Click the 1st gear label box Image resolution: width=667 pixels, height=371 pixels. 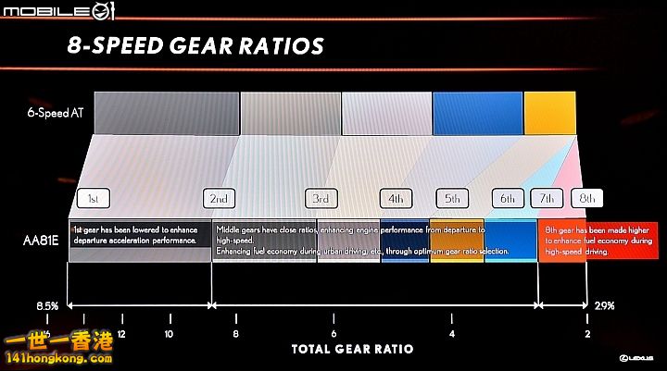[94, 199]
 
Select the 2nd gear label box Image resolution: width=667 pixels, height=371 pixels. [219, 199]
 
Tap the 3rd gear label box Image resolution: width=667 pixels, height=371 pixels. [321, 199]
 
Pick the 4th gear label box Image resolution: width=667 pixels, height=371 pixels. [396, 199]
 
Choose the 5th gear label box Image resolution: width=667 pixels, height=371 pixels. [453, 199]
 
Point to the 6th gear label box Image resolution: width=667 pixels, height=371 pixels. [509, 199]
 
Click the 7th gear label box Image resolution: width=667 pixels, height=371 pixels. [547, 199]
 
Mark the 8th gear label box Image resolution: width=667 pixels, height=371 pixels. [587, 199]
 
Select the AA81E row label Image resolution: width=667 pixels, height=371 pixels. [41, 241]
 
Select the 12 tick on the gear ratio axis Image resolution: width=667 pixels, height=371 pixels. [121, 333]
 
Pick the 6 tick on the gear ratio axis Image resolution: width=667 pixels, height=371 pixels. [333, 333]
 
